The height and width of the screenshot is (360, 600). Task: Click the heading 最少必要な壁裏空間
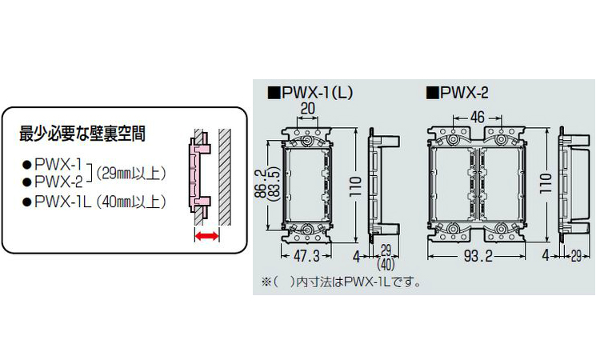coord(82,134)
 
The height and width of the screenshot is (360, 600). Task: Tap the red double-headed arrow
coord(206,237)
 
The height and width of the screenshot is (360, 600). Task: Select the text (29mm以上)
coord(131,174)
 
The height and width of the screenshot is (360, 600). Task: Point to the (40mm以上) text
coord(131,202)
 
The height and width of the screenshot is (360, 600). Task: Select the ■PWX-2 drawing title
coord(458,93)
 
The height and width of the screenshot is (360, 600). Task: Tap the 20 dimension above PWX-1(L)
coord(308,108)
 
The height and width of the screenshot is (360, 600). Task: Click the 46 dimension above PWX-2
coord(477,117)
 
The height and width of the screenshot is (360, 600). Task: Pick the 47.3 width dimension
coord(306,256)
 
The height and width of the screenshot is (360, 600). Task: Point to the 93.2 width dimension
coord(478,256)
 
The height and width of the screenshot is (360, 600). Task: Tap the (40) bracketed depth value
coord(386,264)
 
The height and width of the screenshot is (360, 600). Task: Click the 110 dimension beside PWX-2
coord(546,183)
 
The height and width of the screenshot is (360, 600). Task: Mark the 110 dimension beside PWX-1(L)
coord(356,186)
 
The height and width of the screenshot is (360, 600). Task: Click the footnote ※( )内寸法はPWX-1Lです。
coord(341,282)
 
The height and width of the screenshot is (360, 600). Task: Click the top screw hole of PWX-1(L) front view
coord(307,141)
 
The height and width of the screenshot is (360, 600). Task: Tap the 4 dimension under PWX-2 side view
coord(546,255)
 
